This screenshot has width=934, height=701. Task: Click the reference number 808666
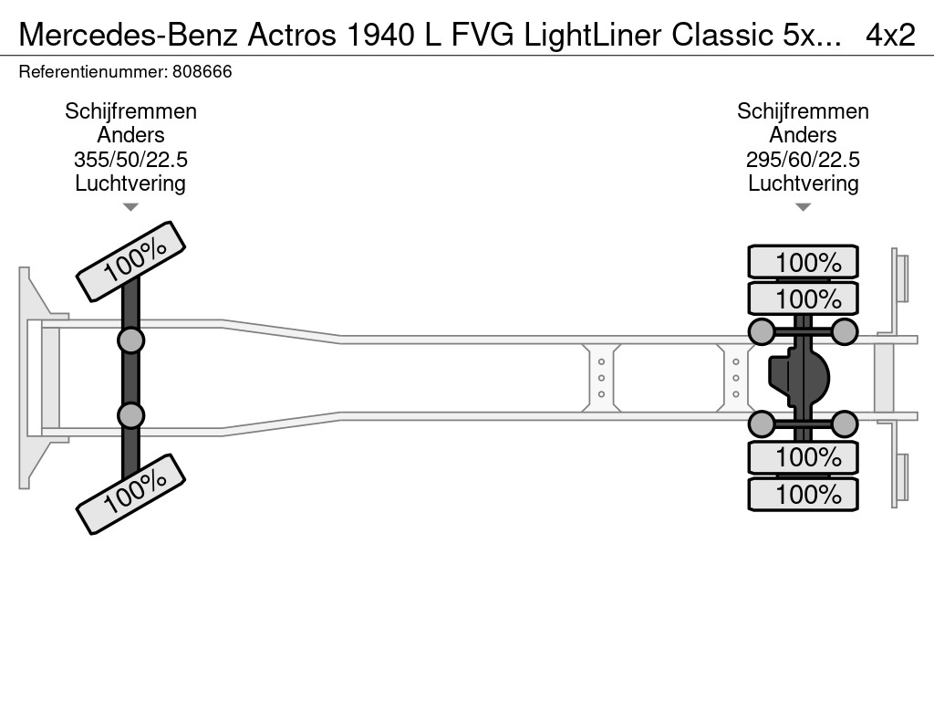click(x=201, y=71)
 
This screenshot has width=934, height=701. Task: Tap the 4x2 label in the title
click(x=890, y=35)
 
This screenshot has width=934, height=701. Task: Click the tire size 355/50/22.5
click(x=130, y=160)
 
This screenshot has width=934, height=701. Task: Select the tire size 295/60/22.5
click(x=803, y=160)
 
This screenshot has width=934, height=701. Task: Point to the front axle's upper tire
click(x=130, y=261)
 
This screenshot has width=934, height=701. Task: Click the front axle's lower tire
click(x=130, y=493)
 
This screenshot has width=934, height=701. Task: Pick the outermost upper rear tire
click(x=803, y=262)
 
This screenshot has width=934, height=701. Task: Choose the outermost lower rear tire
click(x=803, y=494)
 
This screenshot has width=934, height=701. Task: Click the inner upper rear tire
click(x=803, y=298)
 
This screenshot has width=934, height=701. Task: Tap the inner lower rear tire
click(x=803, y=456)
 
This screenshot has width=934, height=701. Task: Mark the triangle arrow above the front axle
click(x=130, y=207)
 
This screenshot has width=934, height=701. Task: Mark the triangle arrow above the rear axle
click(x=803, y=207)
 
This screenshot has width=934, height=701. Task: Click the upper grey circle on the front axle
click(x=130, y=340)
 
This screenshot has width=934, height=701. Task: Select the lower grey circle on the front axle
click(x=130, y=415)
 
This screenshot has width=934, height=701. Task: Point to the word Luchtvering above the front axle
click(x=130, y=183)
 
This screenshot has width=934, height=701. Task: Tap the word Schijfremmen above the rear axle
click(x=803, y=111)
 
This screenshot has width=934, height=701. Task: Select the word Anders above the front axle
click(x=130, y=135)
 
